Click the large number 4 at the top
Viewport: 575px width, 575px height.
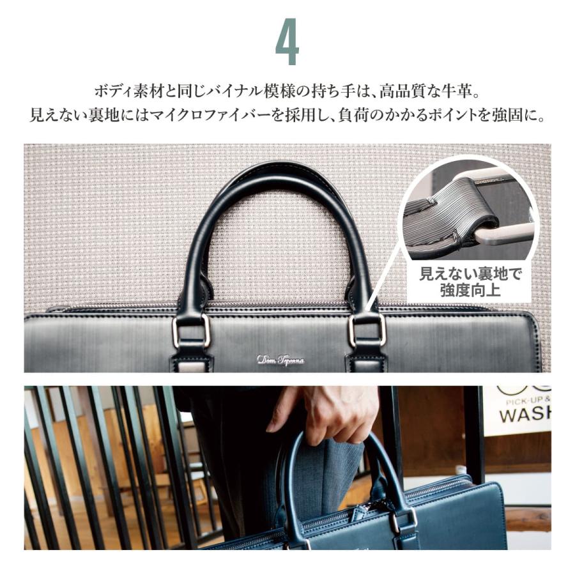[x=287, y=46]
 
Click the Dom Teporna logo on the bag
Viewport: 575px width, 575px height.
[x=280, y=360]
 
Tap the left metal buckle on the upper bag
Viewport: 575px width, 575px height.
[x=191, y=330]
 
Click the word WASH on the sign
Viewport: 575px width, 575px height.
[x=524, y=415]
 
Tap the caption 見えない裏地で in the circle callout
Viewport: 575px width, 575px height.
[x=471, y=275]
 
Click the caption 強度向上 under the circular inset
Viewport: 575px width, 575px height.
[x=471, y=291]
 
